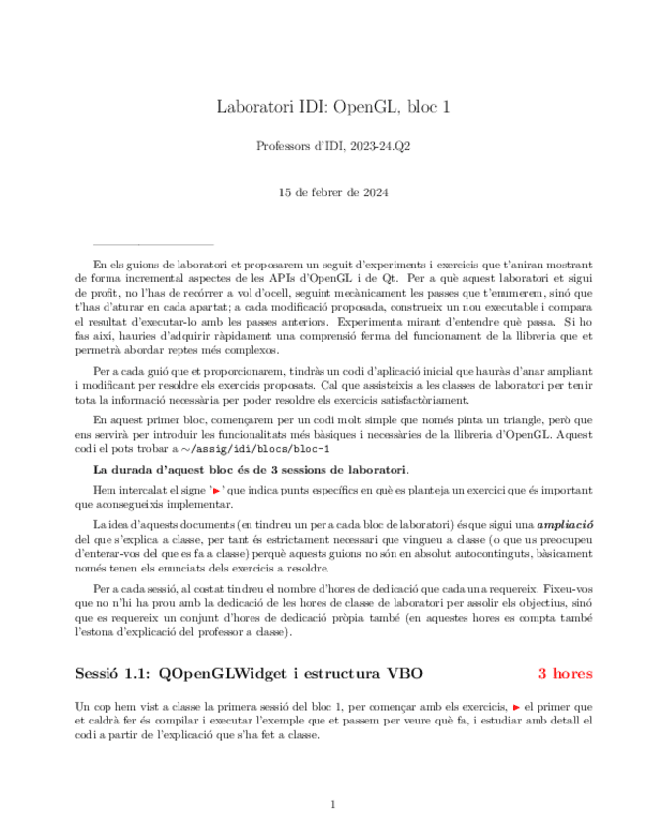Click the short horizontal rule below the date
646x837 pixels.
(153, 243)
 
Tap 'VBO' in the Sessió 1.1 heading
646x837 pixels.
(403, 674)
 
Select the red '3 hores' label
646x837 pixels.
(564, 674)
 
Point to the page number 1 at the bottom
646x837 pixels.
(333, 805)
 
